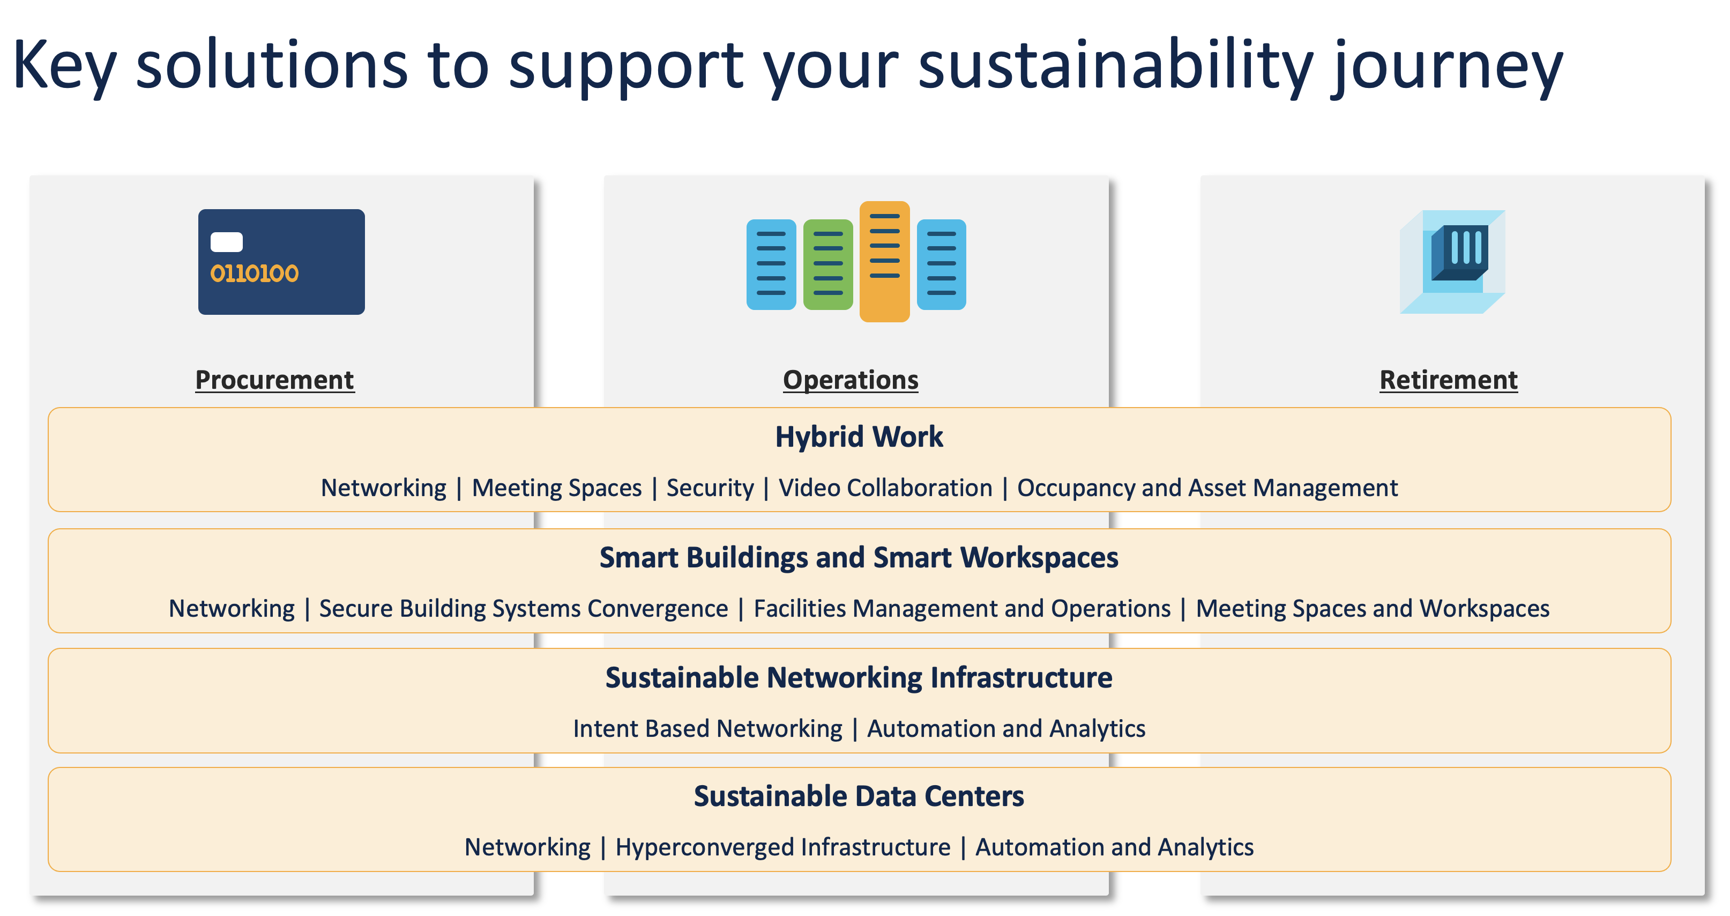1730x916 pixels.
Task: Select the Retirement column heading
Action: pyautogui.click(x=1449, y=380)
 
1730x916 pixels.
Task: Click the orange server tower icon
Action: pyautogui.click(x=884, y=261)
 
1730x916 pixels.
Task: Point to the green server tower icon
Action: pyautogui.click(x=828, y=264)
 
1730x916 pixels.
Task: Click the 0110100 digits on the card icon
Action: pyautogui.click(x=255, y=274)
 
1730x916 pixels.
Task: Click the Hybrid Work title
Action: pyautogui.click(x=859, y=437)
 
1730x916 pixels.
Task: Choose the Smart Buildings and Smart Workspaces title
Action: pyautogui.click(x=859, y=558)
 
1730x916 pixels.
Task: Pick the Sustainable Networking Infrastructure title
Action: pyautogui.click(x=859, y=677)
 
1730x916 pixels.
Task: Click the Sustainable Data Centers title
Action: pyautogui.click(x=859, y=796)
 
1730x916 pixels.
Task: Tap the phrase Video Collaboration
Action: pyautogui.click(x=885, y=488)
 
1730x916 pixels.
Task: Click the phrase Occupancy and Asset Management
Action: pyautogui.click(x=1207, y=488)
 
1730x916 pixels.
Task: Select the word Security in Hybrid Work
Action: pyautogui.click(x=710, y=488)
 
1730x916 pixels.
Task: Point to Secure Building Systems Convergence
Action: pyautogui.click(x=524, y=609)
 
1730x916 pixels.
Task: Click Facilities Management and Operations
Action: pyautogui.click(x=963, y=609)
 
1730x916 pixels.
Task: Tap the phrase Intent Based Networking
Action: pyautogui.click(x=708, y=729)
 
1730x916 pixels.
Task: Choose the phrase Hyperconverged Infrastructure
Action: pyautogui.click(x=783, y=847)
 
